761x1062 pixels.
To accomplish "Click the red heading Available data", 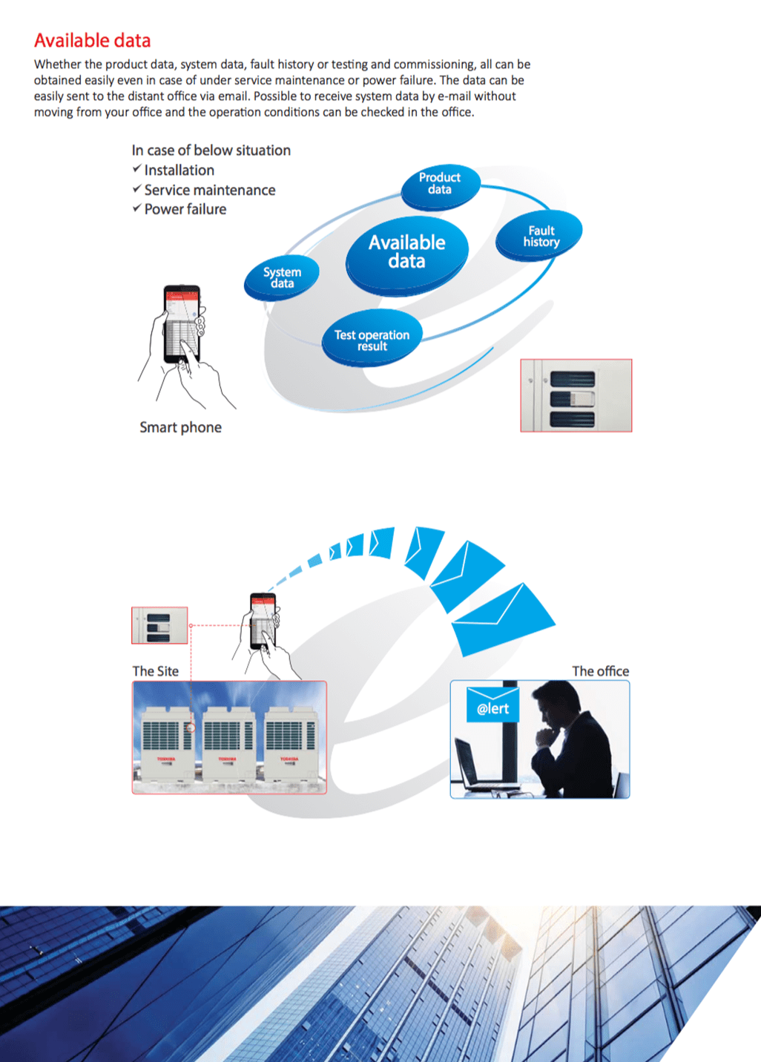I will pyautogui.click(x=92, y=41).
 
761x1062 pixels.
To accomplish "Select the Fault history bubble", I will pyautogui.click(x=541, y=237).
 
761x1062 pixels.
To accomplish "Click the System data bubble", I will pyautogui.click(x=282, y=277).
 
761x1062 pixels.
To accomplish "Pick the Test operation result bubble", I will pyautogui.click(x=372, y=340).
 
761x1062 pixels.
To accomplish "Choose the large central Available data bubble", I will pyautogui.click(x=406, y=252).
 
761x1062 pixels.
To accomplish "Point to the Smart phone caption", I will pyautogui.click(x=180, y=427).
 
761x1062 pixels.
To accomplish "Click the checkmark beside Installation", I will pyautogui.click(x=136, y=170).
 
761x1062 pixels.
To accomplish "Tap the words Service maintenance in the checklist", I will pyautogui.click(x=209, y=190).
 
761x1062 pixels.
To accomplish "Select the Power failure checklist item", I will pyautogui.click(x=185, y=209).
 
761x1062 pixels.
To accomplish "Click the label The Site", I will pyautogui.click(x=155, y=671).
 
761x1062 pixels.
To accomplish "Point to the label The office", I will pyautogui.click(x=600, y=671).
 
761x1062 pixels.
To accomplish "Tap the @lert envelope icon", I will pyautogui.click(x=492, y=705).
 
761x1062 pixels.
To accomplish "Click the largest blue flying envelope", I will pyautogui.click(x=503, y=620).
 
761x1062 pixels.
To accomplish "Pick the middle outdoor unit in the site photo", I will pyautogui.click(x=228, y=742).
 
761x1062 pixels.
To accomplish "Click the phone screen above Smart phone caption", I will pyautogui.click(x=182, y=323).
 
